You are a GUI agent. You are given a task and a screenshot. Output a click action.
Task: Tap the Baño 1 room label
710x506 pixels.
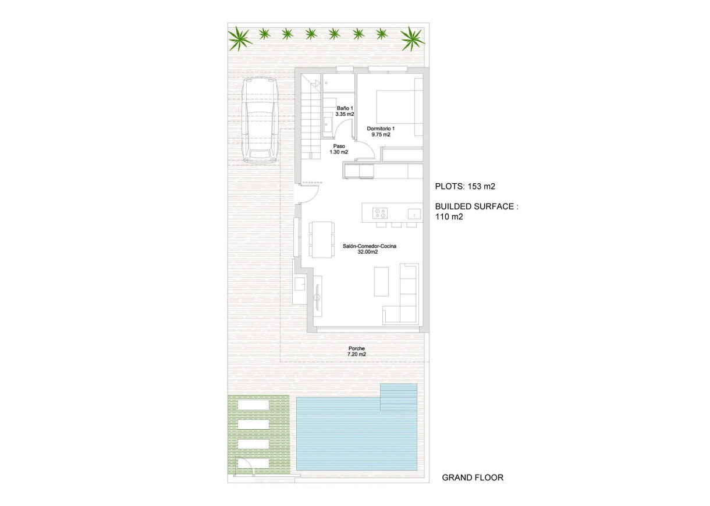coord(345,108)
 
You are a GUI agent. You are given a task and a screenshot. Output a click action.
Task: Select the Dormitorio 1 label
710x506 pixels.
coord(381,129)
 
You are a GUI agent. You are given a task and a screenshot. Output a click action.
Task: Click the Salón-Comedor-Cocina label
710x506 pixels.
coord(369,247)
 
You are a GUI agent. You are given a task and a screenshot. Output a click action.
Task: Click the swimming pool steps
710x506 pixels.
coord(399,397)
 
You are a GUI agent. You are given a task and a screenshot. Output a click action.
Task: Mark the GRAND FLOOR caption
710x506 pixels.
coord(473,478)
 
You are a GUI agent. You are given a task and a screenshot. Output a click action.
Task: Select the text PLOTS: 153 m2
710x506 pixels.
coord(465,187)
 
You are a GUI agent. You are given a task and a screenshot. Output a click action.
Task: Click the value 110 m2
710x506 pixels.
coord(449,216)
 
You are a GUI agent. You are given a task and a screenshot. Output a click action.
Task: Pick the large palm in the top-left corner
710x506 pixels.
coord(240,39)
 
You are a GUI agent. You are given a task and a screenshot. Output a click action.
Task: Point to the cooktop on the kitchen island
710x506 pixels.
coord(379,212)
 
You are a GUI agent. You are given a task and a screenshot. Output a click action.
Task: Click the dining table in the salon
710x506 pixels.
coord(322,239)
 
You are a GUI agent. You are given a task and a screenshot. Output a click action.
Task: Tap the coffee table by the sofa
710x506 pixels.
coord(382,281)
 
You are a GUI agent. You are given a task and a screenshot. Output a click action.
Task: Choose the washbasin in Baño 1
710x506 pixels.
coord(328,123)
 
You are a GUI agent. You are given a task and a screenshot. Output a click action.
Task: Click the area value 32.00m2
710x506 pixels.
coord(368,252)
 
